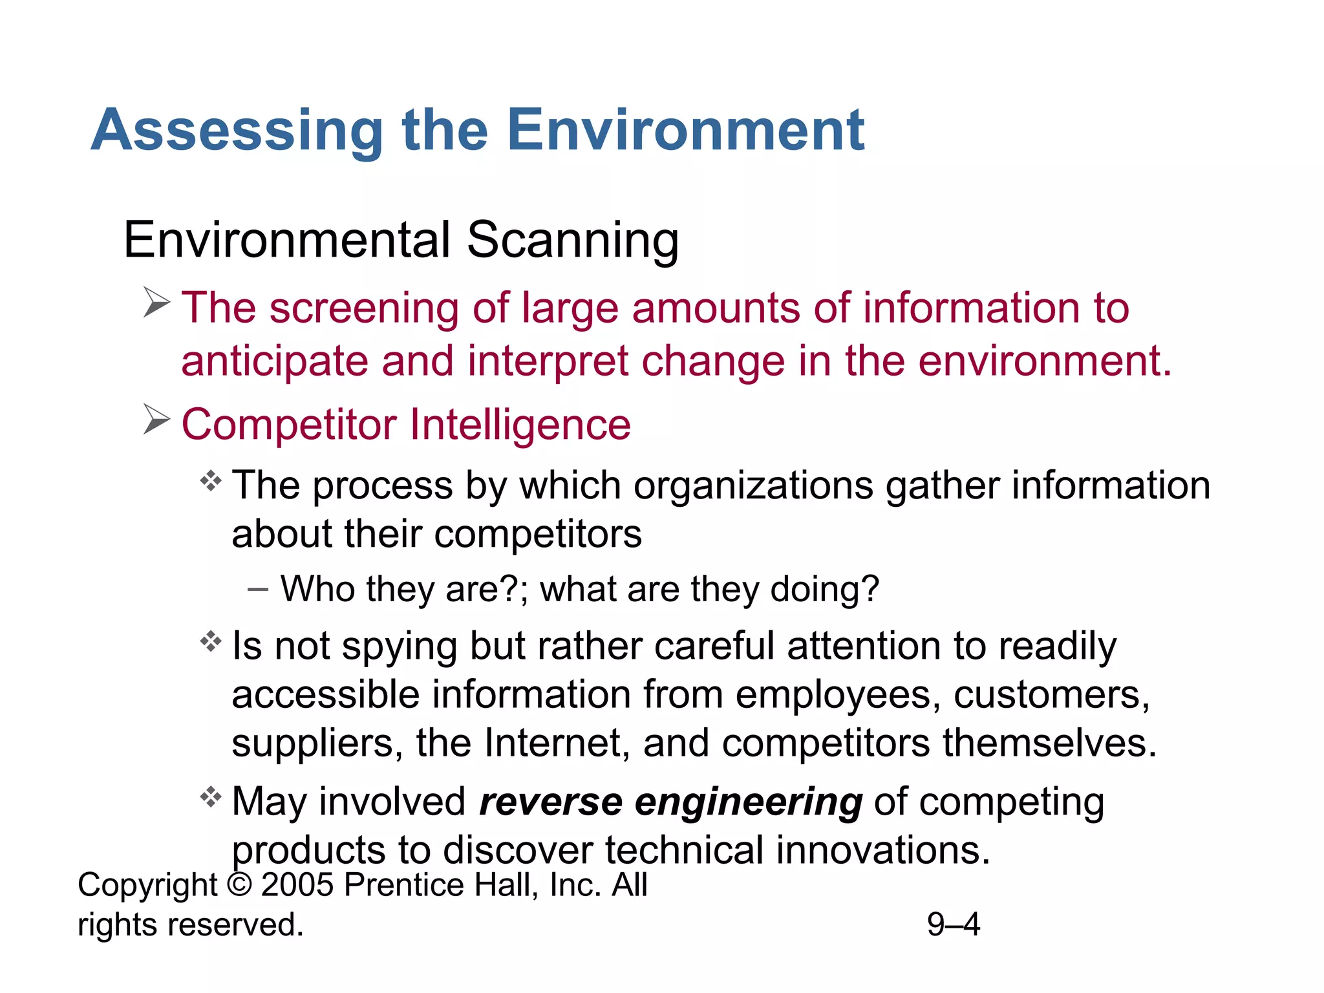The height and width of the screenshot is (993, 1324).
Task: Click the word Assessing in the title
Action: [x=237, y=131]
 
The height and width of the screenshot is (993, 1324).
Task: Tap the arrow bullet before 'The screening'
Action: [x=156, y=303]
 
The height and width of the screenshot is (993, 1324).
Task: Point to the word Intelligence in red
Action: [x=520, y=425]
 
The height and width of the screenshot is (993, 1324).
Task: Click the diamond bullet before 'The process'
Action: [x=211, y=481]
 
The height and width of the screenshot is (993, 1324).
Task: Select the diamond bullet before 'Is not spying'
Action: [x=211, y=642]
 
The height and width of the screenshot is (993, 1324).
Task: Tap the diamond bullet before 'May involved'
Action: [x=211, y=796]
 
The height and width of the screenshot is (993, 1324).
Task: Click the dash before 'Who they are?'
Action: [x=257, y=589]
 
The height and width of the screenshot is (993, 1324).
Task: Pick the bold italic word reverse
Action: [x=550, y=802]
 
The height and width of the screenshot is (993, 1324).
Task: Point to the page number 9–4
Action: [x=953, y=924]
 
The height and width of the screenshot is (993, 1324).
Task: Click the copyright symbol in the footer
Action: [x=239, y=885]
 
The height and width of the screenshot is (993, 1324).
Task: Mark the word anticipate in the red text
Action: [x=274, y=362]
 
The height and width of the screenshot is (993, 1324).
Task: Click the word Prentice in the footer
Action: [x=403, y=885]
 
